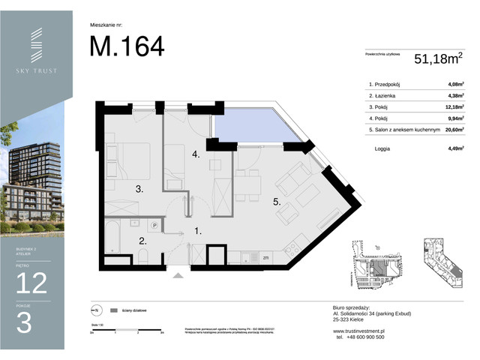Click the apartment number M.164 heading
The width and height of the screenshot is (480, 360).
[x=127, y=46]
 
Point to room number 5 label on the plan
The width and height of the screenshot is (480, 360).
[x=277, y=201]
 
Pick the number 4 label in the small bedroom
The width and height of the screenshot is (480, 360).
[x=195, y=155]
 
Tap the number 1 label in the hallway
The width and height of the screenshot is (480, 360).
[x=197, y=232]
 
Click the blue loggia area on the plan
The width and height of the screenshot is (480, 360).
[x=251, y=130]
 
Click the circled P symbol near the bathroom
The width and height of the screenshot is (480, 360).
[x=154, y=224]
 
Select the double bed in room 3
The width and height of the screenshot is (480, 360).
[x=129, y=159]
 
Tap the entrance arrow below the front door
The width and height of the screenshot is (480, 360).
[x=178, y=275]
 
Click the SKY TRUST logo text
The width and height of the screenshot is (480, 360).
[x=36, y=70]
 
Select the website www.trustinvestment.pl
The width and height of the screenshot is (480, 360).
[x=358, y=331]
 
